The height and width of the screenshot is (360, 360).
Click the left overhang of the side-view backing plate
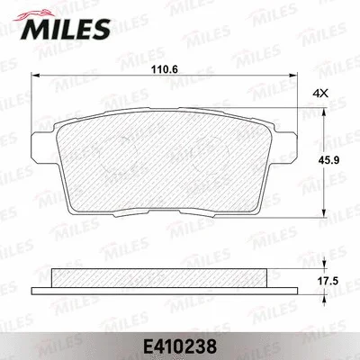(41, 289)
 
